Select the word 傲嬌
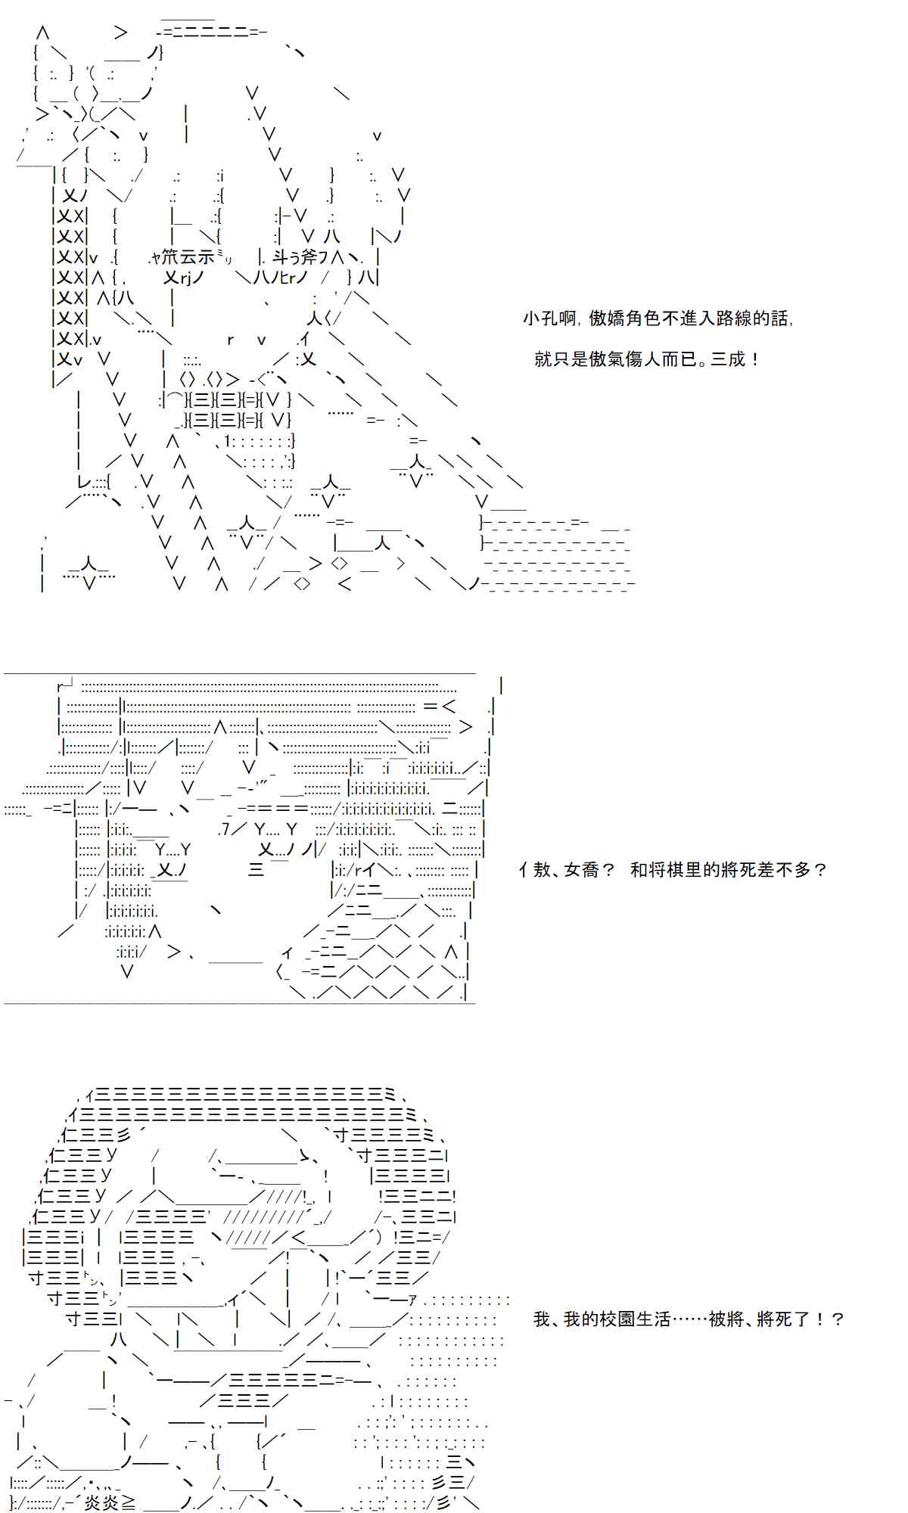(x=607, y=318)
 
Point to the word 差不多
(x=786, y=870)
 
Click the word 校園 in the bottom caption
(x=617, y=1319)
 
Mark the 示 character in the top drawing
(x=206, y=258)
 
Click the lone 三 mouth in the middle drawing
(x=256, y=870)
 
